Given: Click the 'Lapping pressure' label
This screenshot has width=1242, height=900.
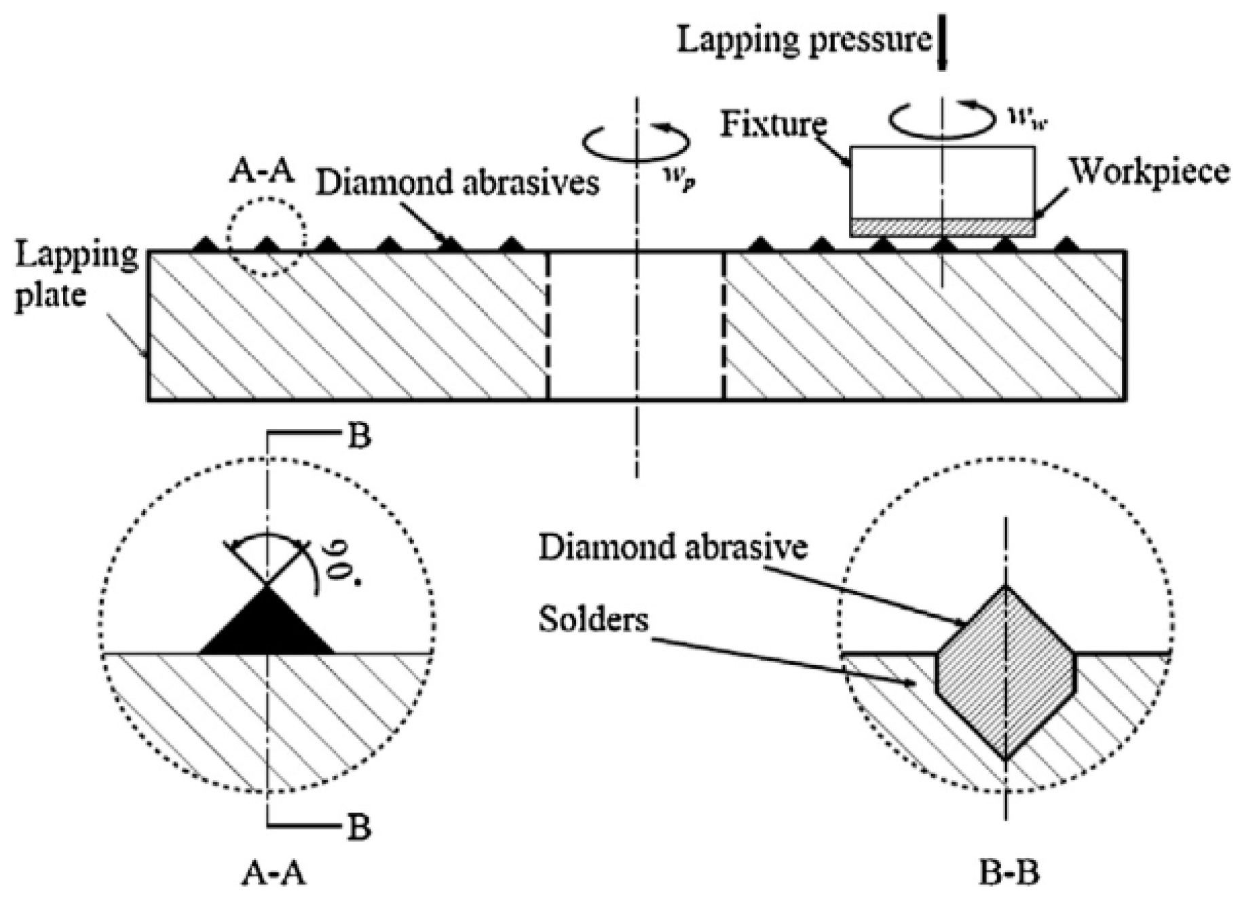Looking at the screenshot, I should click(x=804, y=39).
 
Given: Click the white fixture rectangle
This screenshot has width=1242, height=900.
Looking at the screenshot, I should click(x=942, y=182).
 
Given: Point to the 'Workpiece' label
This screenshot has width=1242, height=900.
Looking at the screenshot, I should click(x=1150, y=172).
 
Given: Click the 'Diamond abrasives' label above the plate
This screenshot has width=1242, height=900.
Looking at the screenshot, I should click(x=457, y=183).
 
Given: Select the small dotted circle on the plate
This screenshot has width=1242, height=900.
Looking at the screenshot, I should click(x=267, y=237).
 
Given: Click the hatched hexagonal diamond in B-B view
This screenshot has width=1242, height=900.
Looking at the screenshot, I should click(x=1006, y=672).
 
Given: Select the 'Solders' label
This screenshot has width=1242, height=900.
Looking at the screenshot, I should click(x=593, y=618).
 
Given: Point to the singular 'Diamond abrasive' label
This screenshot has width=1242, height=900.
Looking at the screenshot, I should click(x=673, y=547).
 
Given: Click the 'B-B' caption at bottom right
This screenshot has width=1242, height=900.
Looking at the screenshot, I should click(x=1009, y=874).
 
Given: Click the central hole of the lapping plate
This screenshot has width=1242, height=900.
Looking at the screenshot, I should click(x=636, y=326).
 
